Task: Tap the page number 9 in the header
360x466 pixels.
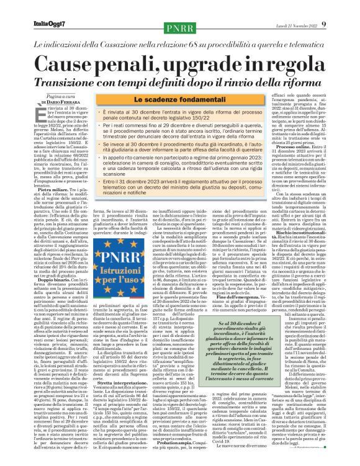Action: (x=341, y=6)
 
